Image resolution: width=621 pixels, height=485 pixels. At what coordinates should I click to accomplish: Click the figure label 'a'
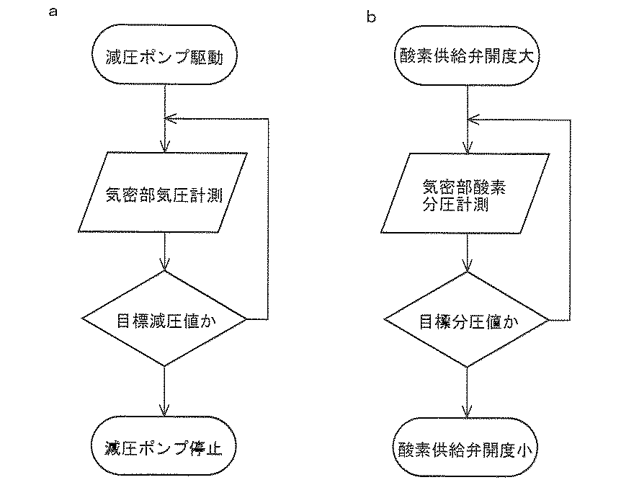53,12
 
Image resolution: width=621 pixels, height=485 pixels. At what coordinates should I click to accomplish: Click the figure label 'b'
371,17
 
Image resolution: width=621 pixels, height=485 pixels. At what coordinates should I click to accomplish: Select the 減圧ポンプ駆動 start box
164,55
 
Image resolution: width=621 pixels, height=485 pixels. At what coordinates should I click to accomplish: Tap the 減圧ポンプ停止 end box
164,446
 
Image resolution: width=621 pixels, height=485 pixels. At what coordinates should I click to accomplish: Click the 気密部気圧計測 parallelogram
163,192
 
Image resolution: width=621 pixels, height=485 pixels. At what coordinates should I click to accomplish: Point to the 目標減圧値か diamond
164,319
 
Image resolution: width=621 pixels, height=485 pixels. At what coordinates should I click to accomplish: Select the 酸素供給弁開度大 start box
467,55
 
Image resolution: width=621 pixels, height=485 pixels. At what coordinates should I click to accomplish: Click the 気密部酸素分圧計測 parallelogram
465,193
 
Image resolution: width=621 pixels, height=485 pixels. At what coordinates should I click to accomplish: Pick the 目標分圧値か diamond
467,320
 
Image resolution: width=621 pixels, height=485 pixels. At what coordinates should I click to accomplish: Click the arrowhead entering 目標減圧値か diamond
164,265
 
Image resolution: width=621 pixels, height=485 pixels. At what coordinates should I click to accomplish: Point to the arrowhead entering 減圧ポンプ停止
164,411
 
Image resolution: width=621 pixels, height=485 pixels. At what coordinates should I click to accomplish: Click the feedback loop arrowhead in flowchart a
169,118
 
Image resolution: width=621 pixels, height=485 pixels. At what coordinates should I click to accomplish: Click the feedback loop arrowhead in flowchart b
473,120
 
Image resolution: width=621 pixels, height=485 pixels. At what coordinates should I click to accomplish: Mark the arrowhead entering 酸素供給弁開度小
467,411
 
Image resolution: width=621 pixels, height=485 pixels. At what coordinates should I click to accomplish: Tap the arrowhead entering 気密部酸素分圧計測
468,148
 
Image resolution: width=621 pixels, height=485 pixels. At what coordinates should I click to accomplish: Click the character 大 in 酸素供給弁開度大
527,56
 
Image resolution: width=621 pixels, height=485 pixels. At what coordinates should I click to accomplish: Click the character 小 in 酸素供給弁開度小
525,450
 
